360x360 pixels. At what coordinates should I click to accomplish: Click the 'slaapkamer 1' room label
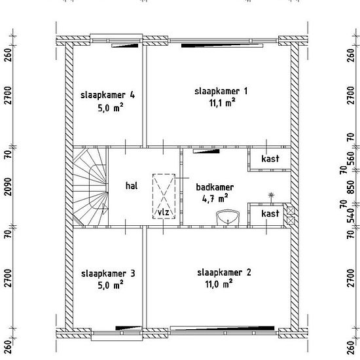click(x=221, y=92)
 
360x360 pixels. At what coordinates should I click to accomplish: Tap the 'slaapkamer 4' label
click(x=108, y=95)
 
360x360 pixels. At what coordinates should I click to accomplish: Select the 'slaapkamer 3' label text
click(x=108, y=274)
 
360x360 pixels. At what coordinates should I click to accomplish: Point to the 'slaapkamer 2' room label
click(x=224, y=272)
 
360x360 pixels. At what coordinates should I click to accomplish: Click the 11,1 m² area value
click(x=223, y=103)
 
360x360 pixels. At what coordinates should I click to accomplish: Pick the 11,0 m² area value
click(x=219, y=284)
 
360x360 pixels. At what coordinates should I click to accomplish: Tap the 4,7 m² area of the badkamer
click(x=215, y=198)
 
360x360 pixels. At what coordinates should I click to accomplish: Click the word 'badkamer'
click(x=215, y=187)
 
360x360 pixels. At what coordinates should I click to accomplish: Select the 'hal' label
click(x=132, y=185)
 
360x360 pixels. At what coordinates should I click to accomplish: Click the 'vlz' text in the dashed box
click(x=164, y=212)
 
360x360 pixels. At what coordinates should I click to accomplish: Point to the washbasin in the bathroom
click(x=228, y=217)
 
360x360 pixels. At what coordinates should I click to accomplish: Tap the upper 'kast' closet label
click(x=270, y=158)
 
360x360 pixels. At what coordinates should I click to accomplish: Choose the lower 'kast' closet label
click(x=270, y=213)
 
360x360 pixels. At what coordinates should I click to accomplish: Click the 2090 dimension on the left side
click(x=8, y=187)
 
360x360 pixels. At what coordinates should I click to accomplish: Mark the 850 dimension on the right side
click(x=351, y=187)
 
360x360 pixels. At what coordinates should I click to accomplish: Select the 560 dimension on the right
click(x=351, y=159)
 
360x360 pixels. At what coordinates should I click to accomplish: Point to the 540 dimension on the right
click(x=351, y=216)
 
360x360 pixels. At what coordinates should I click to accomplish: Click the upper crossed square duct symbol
click(x=291, y=211)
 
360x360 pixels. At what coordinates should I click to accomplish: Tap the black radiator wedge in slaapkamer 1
click(x=222, y=45)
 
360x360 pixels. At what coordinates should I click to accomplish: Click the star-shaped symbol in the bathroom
click(x=272, y=196)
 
